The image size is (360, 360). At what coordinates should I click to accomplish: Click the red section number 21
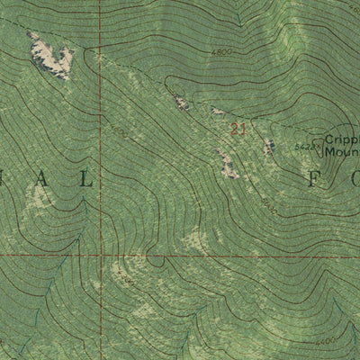(x=238, y=129)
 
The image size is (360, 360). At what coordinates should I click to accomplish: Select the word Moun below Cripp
(x=341, y=152)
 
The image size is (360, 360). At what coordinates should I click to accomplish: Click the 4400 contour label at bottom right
(x=328, y=340)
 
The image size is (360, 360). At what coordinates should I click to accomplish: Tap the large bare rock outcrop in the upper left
(x=51, y=57)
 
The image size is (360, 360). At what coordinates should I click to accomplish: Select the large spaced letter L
(x=87, y=180)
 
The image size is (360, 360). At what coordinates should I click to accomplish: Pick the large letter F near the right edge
(x=314, y=179)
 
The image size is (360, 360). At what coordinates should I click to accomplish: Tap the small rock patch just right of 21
(x=268, y=146)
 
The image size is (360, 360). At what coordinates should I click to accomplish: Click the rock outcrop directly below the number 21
(x=226, y=163)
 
